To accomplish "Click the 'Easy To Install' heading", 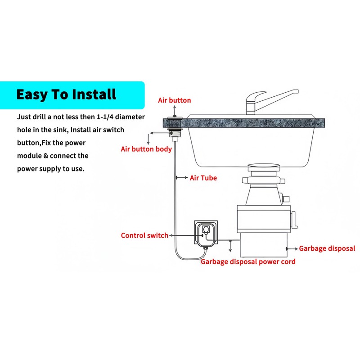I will click(66, 95).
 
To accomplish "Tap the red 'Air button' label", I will click(174, 100).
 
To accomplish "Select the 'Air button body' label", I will click(146, 149).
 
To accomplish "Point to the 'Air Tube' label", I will click(203, 178).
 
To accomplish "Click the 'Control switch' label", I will click(144, 235).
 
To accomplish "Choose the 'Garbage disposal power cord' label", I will click(248, 261).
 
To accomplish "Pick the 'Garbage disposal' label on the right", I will click(327, 248).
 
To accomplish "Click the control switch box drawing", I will click(206, 234).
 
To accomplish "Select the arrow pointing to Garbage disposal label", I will click(292, 248).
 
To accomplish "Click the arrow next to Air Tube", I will click(182, 178).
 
